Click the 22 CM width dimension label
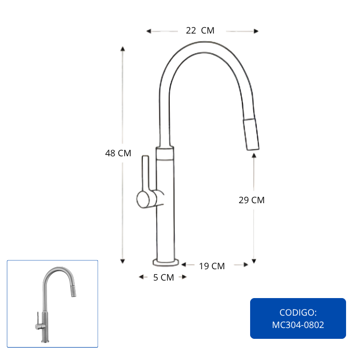(x=200, y=30)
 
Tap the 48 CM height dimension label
(x=118, y=153)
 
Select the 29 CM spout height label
(x=252, y=200)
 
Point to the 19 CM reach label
(x=212, y=266)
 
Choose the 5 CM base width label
(x=163, y=277)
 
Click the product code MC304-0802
(x=298, y=325)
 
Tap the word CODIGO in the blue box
(x=297, y=313)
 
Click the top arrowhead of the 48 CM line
(x=123, y=48)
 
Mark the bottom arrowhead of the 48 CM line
(x=123, y=261)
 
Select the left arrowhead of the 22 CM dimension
(x=149, y=31)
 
